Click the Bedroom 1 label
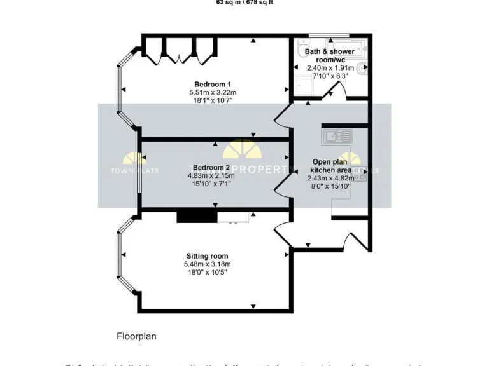(x=213, y=84)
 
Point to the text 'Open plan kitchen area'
(x=330, y=166)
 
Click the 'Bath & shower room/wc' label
(x=330, y=55)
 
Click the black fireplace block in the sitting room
(x=197, y=217)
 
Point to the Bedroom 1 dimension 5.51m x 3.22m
(x=213, y=92)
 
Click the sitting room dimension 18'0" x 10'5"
(x=206, y=272)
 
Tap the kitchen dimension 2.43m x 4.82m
(x=330, y=179)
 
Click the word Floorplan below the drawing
(x=136, y=336)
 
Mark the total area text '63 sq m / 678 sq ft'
(x=244, y=3)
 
